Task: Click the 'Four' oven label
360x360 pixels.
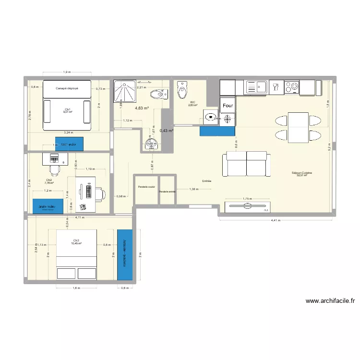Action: pyautogui.click(x=228, y=105)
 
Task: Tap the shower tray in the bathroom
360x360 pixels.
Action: pyautogui.click(x=125, y=92)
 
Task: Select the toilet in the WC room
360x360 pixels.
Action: pyautogui.click(x=182, y=89)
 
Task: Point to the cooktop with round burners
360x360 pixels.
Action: pyautogui.click(x=291, y=87)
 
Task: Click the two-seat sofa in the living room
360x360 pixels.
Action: pyautogui.click(x=246, y=164)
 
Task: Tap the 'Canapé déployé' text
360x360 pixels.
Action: pyautogui.click(x=67, y=88)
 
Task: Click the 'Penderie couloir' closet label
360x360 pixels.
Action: pyautogui.click(x=146, y=187)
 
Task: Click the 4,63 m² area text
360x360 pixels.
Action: pyautogui.click(x=142, y=108)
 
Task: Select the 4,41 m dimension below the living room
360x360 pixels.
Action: pyautogui.click(x=275, y=221)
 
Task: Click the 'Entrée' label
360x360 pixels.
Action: pyautogui.click(x=207, y=181)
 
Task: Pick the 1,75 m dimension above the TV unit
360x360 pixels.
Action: pyautogui.click(x=247, y=199)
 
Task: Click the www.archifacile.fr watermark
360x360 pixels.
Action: pyautogui.click(x=330, y=301)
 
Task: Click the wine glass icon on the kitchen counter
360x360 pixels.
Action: pyautogui.click(x=275, y=87)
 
